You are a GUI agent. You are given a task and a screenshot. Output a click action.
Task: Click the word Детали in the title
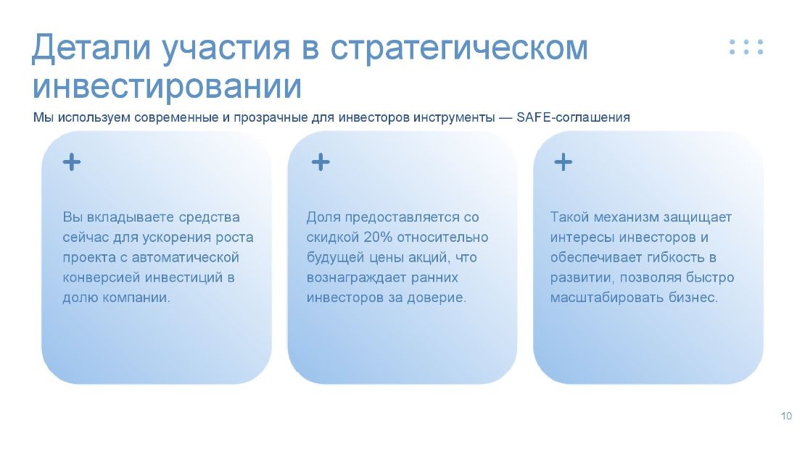(91, 48)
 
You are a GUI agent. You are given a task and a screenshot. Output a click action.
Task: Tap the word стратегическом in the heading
(459, 49)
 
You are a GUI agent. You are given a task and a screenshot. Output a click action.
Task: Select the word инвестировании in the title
(167, 86)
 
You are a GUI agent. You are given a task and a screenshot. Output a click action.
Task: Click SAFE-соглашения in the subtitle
(573, 117)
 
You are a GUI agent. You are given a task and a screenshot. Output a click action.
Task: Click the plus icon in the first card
(72, 162)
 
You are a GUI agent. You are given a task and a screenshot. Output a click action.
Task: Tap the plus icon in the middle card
(321, 162)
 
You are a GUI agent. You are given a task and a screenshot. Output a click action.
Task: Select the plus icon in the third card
(563, 162)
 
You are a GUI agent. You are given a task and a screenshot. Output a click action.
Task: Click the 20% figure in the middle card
(378, 238)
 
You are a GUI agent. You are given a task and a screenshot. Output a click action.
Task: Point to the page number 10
(787, 416)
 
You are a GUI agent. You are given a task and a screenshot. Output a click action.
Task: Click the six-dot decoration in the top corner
(746, 46)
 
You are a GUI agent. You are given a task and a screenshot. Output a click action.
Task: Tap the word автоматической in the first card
(186, 258)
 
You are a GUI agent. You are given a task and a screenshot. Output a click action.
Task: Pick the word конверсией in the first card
(102, 277)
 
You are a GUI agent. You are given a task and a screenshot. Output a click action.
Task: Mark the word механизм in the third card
(626, 217)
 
